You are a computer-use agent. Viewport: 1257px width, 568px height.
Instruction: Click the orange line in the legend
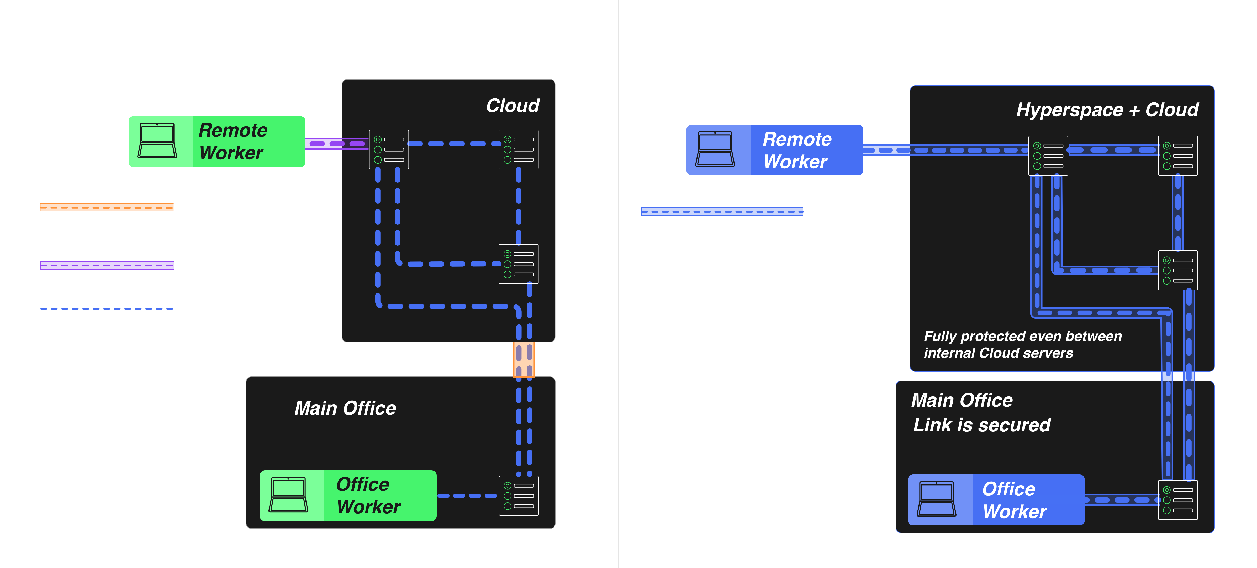pos(106,207)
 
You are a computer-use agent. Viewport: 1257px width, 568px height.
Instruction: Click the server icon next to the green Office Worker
pos(518,496)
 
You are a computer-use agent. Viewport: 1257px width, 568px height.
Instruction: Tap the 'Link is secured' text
pos(981,425)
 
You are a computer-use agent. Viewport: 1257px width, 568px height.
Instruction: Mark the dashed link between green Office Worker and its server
pos(467,496)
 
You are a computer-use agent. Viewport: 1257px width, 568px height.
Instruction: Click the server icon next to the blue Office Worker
pos(1177,500)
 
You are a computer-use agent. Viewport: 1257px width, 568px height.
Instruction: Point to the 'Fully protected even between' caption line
pos(1023,337)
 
